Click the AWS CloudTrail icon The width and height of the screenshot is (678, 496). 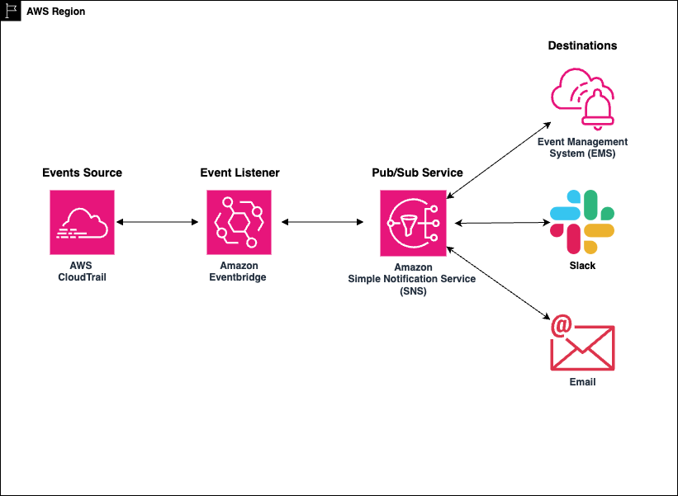coord(83,222)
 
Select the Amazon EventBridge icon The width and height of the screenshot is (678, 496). coord(239,222)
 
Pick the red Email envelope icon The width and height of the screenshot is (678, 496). coord(582,344)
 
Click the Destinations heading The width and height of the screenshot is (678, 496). coord(582,45)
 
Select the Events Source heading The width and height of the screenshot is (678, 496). coord(82,172)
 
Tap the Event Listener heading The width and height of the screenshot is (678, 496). coord(239,172)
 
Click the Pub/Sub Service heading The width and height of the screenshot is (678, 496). coord(417,172)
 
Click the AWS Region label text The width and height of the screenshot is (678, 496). coord(55,12)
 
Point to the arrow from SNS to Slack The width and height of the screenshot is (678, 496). coord(502,222)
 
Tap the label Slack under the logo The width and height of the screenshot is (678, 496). coord(582,266)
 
